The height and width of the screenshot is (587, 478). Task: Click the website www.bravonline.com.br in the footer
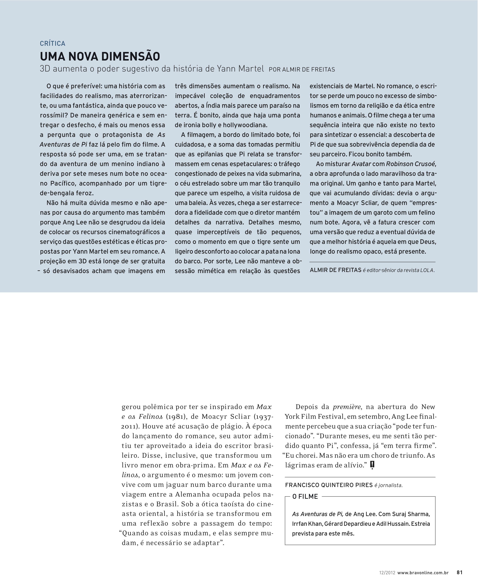coord(423,573)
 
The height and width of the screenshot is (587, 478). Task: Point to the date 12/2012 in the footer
coord(387,573)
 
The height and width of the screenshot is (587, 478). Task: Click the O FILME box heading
coord(305,496)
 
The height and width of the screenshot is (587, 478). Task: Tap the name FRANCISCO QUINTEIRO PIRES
coord(329,485)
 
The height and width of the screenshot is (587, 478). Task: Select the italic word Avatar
coord(361,164)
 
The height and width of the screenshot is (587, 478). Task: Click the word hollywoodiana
coord(245,125)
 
